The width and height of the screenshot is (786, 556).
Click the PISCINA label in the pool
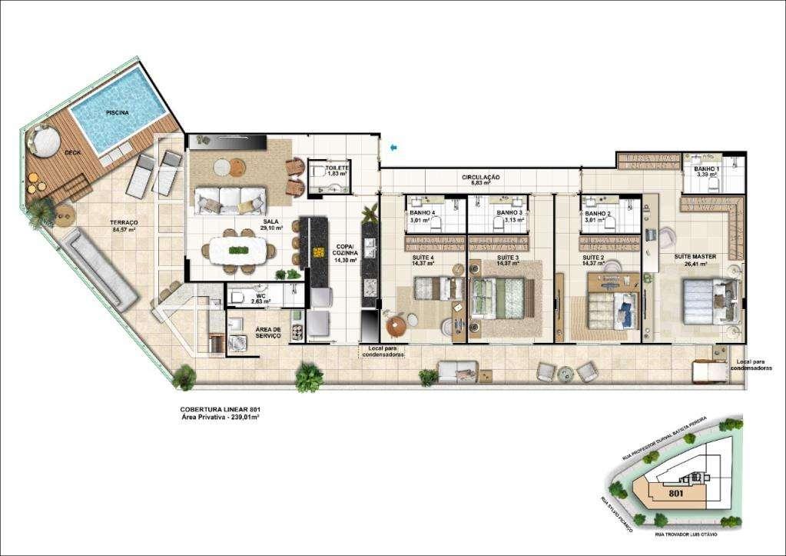(x=117, y=112)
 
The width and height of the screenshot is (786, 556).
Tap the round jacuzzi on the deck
(x=45, y=141)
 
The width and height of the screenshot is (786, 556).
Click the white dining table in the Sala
(x=238, y=249)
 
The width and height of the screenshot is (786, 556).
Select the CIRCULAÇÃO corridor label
(x=481, y=180)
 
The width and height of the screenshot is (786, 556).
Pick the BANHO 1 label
(x=706, y=171)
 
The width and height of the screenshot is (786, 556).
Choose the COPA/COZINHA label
(x=343, y=253)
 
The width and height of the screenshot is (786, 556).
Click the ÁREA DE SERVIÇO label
(x=268, y=332)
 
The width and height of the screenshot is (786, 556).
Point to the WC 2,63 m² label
(x=261, y=298)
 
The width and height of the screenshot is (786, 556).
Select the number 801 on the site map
(x=676, y=494)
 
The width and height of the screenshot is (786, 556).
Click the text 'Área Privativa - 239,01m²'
(x=219, y=417)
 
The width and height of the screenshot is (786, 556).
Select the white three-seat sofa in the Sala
(x=230, y=200)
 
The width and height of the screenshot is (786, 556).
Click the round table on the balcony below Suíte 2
(x=566, y=373)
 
